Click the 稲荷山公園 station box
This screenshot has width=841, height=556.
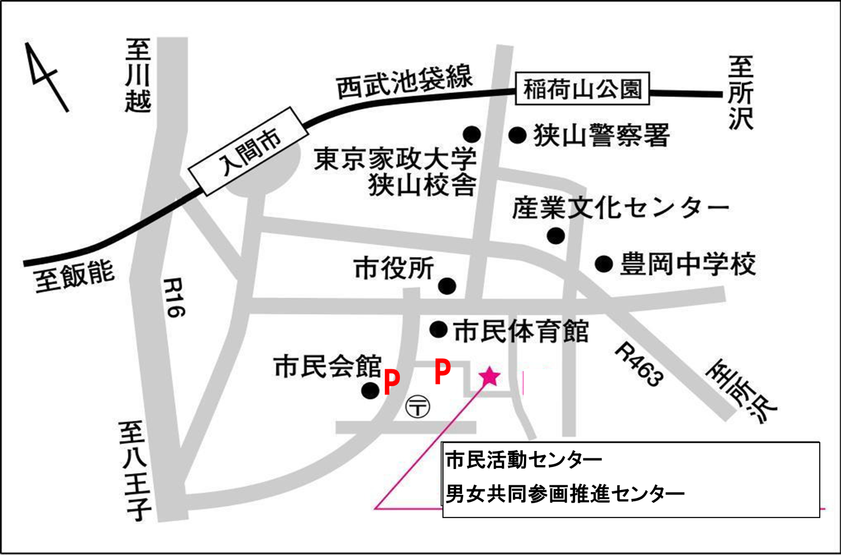582,89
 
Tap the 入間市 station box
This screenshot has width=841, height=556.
249,151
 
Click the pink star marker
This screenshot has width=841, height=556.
489,376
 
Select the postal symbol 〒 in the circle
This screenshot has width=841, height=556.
417,407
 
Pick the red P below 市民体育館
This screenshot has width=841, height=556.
442,371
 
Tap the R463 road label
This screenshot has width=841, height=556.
639,364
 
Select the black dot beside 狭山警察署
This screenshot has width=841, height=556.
518,135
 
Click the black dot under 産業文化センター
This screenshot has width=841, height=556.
556,236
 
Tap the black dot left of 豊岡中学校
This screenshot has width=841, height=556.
604,264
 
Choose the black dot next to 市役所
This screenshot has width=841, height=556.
447,286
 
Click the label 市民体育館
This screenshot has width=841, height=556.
521,331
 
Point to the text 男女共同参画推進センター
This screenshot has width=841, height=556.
565,494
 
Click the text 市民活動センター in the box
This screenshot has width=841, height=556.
524,460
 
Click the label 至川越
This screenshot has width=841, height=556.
138,76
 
